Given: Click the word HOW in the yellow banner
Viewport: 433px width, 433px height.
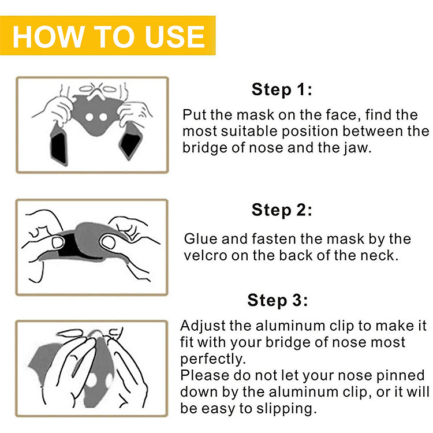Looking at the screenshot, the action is (48, 36).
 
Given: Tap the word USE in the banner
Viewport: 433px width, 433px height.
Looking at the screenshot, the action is (174, 36).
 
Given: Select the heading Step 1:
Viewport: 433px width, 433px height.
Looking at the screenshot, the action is (282, 89).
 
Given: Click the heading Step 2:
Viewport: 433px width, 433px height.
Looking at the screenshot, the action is (282, 210).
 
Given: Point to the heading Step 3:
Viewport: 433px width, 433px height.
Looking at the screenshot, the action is (278, 300).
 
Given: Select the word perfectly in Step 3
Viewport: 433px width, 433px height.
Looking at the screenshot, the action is (212, 359).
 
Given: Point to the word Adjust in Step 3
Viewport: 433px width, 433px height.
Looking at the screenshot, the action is (203, 326).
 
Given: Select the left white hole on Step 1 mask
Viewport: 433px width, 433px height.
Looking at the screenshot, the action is (89, 117).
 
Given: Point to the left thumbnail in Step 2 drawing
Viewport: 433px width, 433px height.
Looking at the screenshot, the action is (57, 242).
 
